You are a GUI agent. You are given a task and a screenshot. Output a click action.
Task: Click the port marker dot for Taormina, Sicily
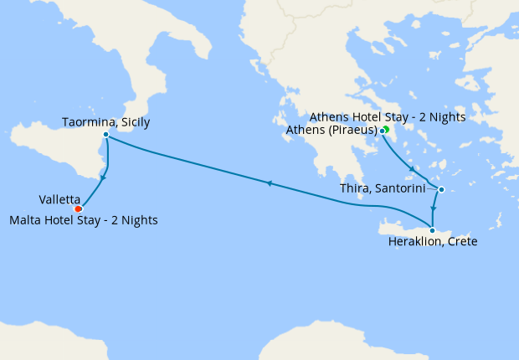pyautogui.click(x=105, y=134)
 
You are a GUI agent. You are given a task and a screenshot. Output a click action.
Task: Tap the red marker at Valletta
pyautogui.click(x=78, y=208)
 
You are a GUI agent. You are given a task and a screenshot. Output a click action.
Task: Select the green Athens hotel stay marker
pyautogui.click(x=387, y=129)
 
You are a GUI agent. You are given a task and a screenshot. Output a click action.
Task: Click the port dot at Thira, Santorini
pyautogui.click(x=441, y=188)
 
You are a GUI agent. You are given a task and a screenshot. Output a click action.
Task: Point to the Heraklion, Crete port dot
pyautogui.click(x=432, y=229)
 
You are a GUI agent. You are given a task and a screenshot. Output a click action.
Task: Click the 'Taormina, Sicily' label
pyautogui.click(x=106, y=122)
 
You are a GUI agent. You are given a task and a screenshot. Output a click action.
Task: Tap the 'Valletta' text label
pyautogui.click(x=59, y=199)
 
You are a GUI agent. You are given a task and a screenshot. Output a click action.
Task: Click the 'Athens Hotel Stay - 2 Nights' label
pyautogui.click(x=387, y=116)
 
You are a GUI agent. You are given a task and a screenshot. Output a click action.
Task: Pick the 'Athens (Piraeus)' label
pyautogui.click(x=332, y=130)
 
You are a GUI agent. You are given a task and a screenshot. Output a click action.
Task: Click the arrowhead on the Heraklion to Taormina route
pyautogui.click(x=268, y=183)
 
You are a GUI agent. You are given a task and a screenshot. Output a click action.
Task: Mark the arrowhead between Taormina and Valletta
pyautogui.click(x=103, y=177)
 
